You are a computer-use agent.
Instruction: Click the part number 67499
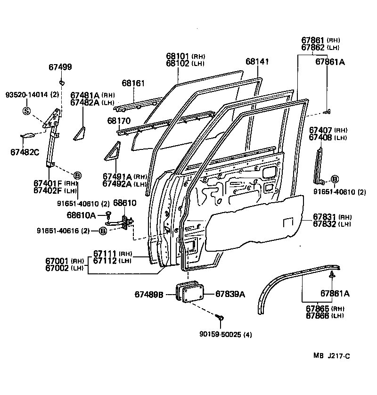(60, 67)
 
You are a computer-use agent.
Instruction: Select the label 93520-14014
(28, 94)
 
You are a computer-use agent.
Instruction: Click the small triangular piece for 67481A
(79, 133)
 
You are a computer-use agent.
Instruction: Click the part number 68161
(133, 83)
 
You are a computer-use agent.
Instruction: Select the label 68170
(119, 121)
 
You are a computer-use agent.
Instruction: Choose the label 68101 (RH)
(178, 56)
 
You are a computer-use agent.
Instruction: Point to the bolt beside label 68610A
(108, 215)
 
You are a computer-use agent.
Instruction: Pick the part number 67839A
(230, 294)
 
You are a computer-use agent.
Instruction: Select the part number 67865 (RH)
(318, 309)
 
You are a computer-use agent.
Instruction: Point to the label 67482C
(26, 152)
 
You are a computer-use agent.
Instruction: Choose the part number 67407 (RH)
(321, 130)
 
